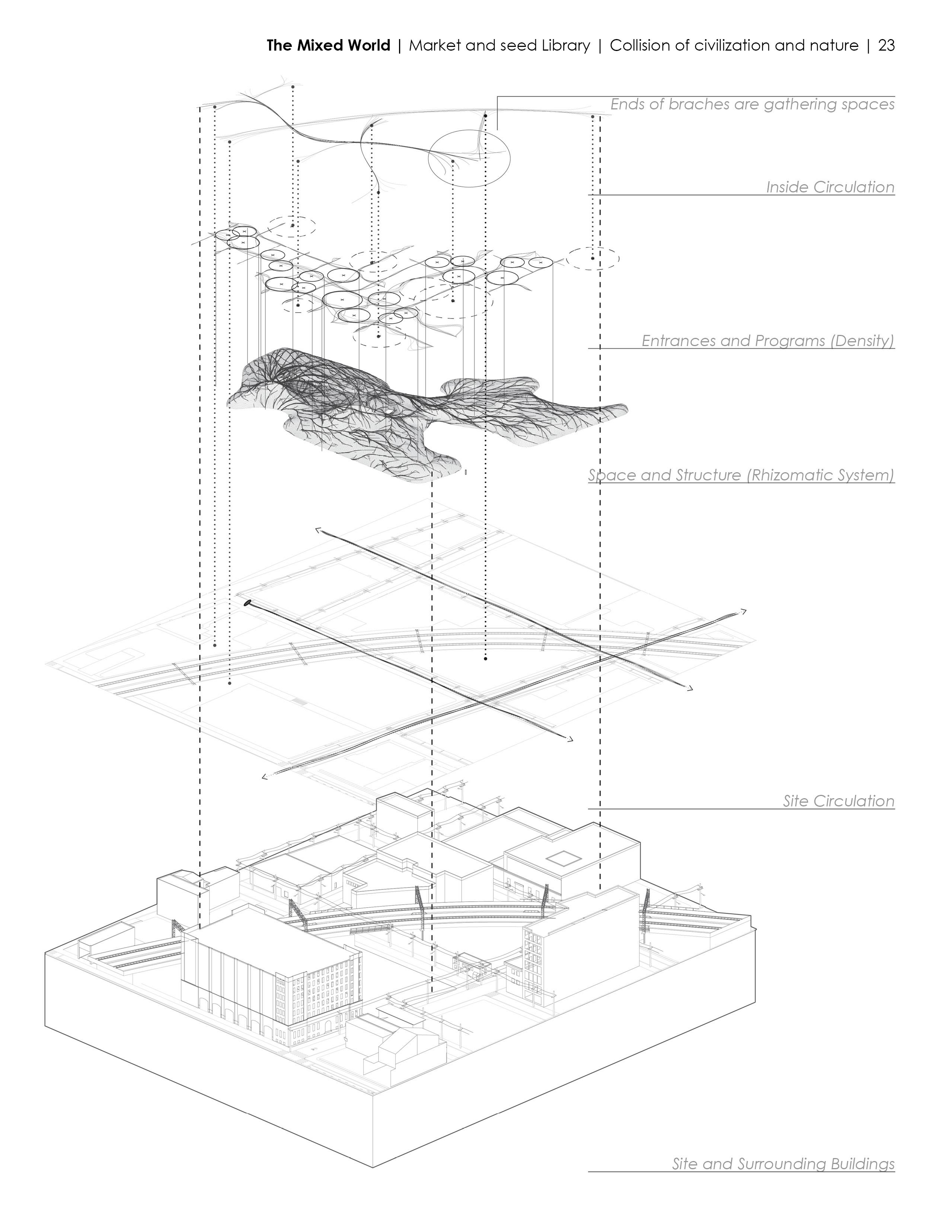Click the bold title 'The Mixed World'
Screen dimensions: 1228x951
(x=328, y=45)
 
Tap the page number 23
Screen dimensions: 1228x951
(x=886, y=45)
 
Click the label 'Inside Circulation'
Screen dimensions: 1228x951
(x=830, y=187)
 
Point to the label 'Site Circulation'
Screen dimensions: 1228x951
(x=838, y=801)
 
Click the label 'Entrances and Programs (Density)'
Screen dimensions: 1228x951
(x=767, y=341)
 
